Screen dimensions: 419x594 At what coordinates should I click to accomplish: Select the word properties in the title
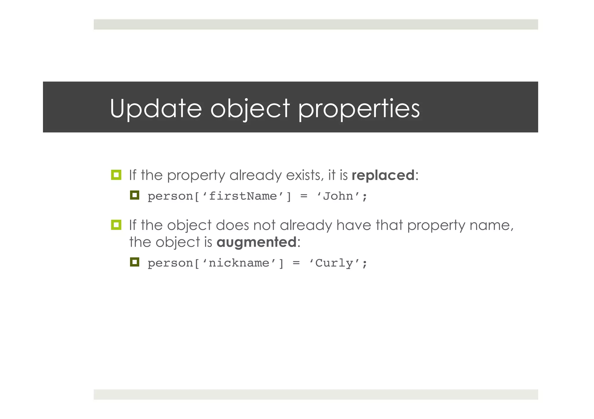click(x=359, y=109)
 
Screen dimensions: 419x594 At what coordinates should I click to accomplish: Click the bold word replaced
click(x=383, y=175)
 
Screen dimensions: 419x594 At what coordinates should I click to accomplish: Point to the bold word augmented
click(x=256, y=242)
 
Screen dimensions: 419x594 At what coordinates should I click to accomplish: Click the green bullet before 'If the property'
click(x=116, y=175)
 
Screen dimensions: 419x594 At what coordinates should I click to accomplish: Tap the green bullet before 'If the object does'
click(x=116, y=225)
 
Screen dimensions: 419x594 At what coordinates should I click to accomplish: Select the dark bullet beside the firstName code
click(x=135, y=195)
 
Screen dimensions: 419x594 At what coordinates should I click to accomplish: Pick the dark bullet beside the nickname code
click(x=135, y=262)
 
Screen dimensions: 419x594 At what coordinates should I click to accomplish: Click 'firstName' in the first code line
click(x=243, y=196)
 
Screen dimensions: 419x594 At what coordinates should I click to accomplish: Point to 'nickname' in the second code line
click(x=239, y=263)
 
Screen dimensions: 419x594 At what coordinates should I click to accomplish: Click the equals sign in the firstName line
click(x=304, y=196)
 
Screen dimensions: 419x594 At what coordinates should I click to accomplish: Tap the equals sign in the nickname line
click(x=296, y=263)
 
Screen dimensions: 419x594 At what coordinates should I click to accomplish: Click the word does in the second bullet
click(x=232, y=225)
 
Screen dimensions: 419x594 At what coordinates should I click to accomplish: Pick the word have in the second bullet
click(x=354, y=225)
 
